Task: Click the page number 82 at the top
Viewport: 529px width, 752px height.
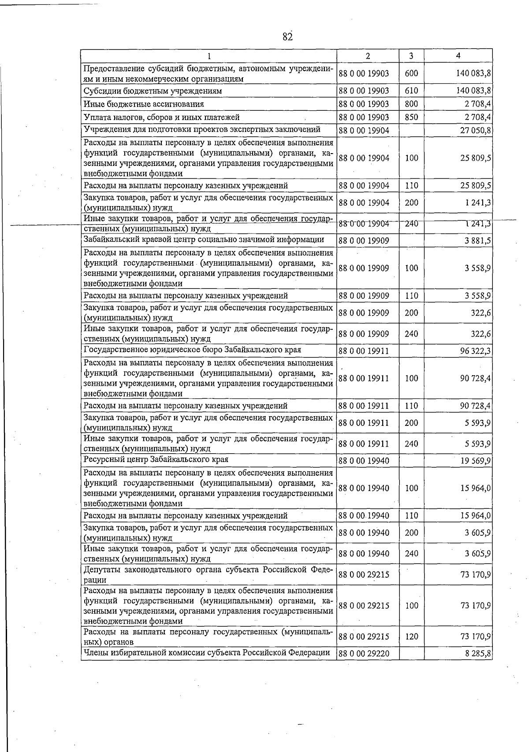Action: click(287, 37)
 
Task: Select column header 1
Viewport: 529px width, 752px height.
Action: click(209, 56)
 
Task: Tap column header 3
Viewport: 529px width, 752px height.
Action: click(411, 56)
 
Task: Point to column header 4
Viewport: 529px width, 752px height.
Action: click(458, 56)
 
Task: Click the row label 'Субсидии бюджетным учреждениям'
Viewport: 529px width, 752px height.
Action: click(153, 91)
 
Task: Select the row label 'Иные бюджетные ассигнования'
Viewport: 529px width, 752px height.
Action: click(144, 105)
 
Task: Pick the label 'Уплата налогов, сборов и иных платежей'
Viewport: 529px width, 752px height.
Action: click(161, 117)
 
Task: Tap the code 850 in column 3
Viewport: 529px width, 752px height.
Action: click(411, 117)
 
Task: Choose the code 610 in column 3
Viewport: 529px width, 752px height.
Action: click(411, 91)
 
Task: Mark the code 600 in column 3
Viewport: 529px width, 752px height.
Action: click(411, 74)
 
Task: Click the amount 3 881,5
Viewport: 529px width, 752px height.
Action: click(478, 241)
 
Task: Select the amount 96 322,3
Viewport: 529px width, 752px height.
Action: click(476, 351)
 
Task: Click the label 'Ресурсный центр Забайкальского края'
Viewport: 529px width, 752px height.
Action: click(156, 459)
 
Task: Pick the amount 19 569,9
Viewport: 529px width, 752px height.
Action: click(476, 461)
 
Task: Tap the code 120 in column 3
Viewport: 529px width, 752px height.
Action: click(411, 636)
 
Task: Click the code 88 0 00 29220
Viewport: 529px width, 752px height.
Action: click(364, 654)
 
